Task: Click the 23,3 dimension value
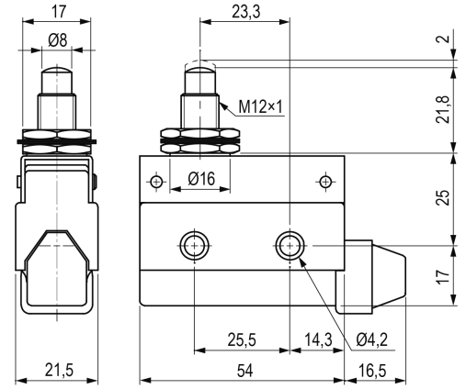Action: click(245, 12)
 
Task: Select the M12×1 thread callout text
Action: click(261, 106)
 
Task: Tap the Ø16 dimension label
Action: click(201, 179)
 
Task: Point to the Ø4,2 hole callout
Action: click(372, 339)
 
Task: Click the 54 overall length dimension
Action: click(245, 371)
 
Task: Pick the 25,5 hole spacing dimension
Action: click(242, 339)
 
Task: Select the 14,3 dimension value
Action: click(318, 339)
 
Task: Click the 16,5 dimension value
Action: click(372, 371)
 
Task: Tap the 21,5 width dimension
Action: click(59, 370)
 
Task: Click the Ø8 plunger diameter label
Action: click(57, 40)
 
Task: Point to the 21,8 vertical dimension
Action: click(443, 109)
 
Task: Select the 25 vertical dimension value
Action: click(443, 197)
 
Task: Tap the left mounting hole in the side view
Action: click(195, 245)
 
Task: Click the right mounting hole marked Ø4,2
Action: click(290, 245)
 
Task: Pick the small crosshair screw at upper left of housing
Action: click(156, 182)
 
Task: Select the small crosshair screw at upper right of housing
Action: click(325, 182)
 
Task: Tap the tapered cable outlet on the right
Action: click(389, 277)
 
